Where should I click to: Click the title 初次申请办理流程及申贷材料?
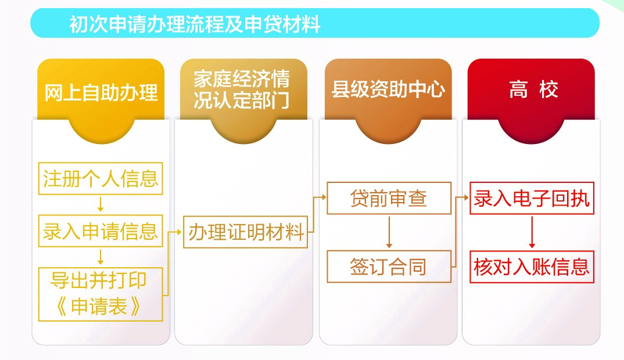(195, 24)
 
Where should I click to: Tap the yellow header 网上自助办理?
(101, 92)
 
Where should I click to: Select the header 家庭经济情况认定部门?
(242, 89)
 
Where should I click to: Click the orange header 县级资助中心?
(388, 89)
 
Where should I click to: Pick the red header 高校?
(534, 89)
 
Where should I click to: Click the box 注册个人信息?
(101, 178)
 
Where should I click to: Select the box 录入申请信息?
(101, 231)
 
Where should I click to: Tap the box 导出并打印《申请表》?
(101, 294)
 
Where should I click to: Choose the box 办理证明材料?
(246, 232)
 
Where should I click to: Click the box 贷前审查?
(389, 198)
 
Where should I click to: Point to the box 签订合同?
(389, 267)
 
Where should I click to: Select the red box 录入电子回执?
(532, 198)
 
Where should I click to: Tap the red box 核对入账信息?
(532, 267)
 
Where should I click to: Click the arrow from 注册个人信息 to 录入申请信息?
(101, 204)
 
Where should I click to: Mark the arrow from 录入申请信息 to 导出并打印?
(101, 257)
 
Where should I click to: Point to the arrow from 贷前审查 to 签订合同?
(389, 232)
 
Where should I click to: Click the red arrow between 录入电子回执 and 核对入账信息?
(532, 232)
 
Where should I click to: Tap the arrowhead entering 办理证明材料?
(180, 232)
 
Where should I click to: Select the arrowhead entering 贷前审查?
(324, 197)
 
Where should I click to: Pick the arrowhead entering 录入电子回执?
(466, 197)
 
